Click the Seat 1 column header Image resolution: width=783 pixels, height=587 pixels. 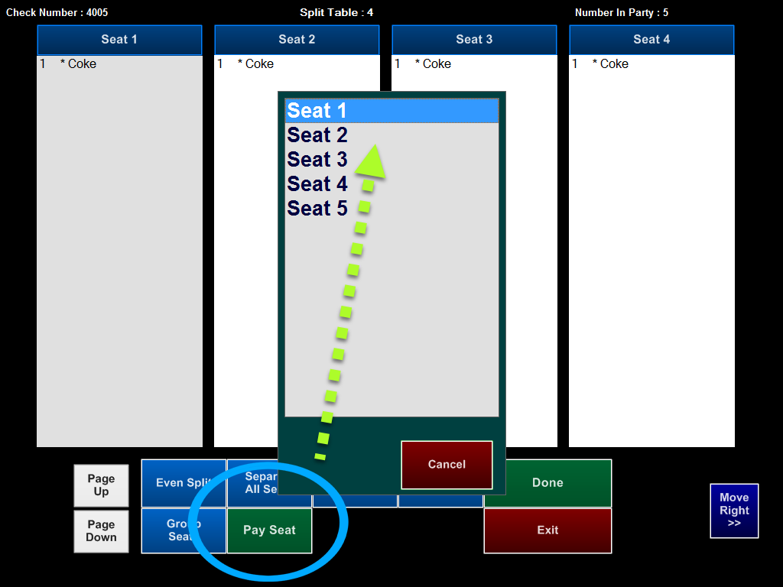pyautogui.click(x=119, y=40)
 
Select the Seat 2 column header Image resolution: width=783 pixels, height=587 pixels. pyautogui.click(x=297, y=40)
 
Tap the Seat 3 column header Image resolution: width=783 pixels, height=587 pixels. pyautogui.click(x=474, y=40)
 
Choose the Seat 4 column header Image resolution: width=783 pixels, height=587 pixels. pyautogui.click(x=651, y=40)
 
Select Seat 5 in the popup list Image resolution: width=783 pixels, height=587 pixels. pyautogui.click(x=317, y=208)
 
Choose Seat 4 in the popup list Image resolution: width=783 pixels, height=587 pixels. pyautogui.click(x=317, y=183)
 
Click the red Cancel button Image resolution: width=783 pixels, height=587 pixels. pyautogui.click(x=447, y=465)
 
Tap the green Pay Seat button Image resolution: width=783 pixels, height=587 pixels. pyautogui.click(x=269, y=530)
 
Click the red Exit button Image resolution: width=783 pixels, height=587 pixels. pyautogui.click(x=547, y=530)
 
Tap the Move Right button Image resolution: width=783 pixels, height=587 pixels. pyautogui.click(x=734, y=511)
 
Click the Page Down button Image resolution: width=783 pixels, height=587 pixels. pyautogui.click(x=101, y=531)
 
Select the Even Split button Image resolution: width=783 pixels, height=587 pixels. pyautogui.click(x=184, y=483)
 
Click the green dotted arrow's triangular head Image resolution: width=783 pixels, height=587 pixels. pyautogui.click(x=371, y=162)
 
